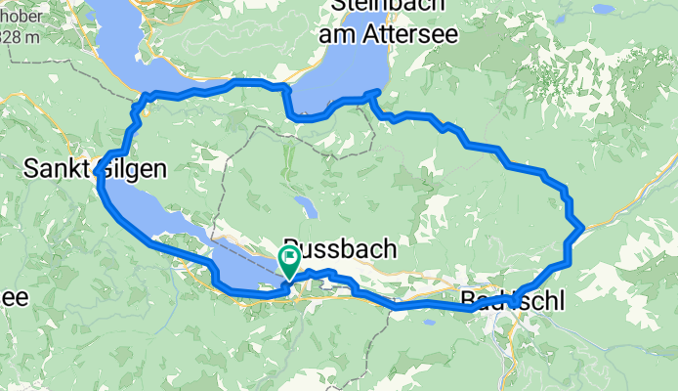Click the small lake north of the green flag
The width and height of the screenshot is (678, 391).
click(307, 206)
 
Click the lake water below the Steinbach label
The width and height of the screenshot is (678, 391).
click(342, 78)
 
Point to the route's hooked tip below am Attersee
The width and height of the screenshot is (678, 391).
click(376, 92)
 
